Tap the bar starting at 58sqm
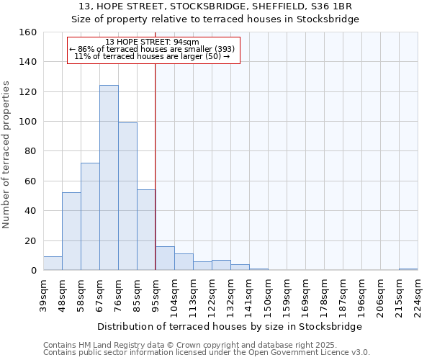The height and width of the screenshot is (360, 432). (x=90, y=217)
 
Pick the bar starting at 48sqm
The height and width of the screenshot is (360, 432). (x=71, y=231)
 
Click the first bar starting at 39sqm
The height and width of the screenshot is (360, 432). (x=53, y=264)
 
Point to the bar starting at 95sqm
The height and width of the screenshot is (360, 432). (x=165, y=258)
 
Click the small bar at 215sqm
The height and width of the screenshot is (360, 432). (x=408, y=269)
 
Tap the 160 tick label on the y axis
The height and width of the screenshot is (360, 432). (x=28, y=32)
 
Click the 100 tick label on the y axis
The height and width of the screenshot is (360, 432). (x=28, y=122)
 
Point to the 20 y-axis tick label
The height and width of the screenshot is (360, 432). (x=31, y=241)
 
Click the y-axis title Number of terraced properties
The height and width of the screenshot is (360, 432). (x=7, y=155)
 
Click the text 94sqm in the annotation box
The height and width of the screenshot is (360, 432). (x=196, y=42)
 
